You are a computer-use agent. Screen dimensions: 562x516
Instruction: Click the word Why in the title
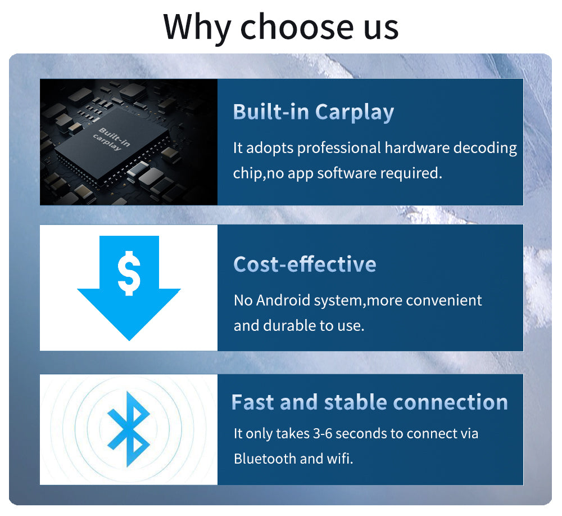(197, 27)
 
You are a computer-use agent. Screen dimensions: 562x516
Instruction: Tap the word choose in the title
(297, 26)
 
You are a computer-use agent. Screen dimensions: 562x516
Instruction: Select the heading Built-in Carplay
(313, 112)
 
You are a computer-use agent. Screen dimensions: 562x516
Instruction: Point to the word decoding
(485, 148)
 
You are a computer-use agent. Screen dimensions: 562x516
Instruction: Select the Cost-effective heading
(305, 264)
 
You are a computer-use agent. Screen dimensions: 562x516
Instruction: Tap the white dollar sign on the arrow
(129, 273)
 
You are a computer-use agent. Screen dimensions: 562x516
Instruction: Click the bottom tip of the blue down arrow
(129, 340)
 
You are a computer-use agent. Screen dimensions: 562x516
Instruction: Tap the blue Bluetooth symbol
(129, 429)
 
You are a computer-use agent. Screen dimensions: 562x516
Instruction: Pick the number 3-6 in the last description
(323, 433)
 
